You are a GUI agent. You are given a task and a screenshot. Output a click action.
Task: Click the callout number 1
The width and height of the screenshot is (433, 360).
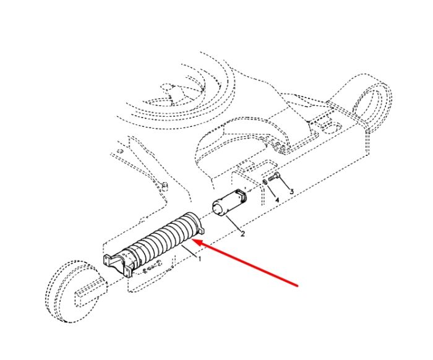click(x=200, y=259)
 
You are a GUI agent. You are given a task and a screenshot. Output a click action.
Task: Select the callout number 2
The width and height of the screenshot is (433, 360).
click(x=242, y=234)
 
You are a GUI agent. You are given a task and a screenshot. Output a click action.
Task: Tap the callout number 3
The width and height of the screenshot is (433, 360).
click(x=291, y=191)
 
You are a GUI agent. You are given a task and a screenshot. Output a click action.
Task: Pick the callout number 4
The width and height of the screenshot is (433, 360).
click(x=277, y=200)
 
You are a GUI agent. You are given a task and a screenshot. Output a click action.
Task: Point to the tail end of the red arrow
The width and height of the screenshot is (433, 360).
click(x=298, y=286)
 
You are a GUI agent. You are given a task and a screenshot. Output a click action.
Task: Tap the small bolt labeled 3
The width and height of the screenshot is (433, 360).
click(x=274, y=177)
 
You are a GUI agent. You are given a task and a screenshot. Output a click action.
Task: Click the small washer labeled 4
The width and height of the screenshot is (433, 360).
click(x=264, y=182)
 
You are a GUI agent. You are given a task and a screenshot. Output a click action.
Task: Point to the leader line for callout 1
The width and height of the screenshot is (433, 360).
click(x=189, y=251)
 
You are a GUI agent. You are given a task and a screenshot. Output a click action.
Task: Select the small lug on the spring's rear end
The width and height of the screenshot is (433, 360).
click(x=201, y=229)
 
